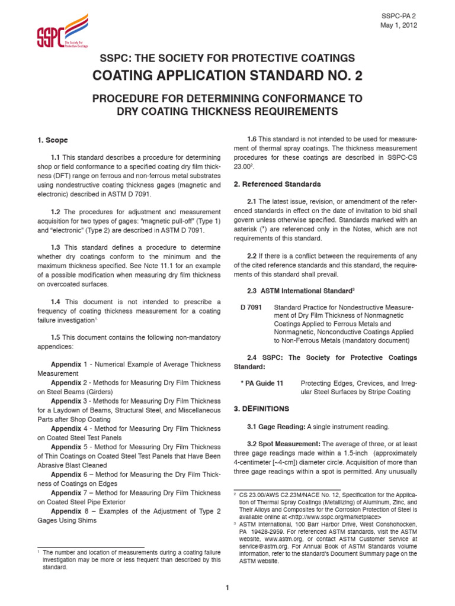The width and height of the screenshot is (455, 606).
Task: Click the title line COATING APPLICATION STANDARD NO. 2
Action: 227,75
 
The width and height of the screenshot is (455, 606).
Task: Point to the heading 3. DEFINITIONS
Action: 261,408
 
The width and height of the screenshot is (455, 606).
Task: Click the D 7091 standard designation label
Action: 251,307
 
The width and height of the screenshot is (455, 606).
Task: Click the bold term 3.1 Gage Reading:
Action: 278,427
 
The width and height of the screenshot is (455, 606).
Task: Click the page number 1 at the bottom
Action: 227,587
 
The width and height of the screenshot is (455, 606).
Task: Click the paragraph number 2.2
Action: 252,256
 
